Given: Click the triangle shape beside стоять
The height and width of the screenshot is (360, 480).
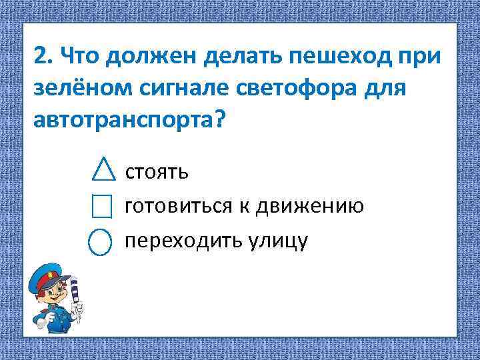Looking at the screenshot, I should pos(101,170).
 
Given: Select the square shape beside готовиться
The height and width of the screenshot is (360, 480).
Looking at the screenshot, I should pos(101,206).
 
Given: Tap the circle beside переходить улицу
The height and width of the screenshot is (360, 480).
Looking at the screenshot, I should pos(99,241).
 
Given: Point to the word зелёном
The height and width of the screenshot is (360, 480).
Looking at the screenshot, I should pos(75,88).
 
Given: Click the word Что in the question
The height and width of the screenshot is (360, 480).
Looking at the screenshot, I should pos(79,57).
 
